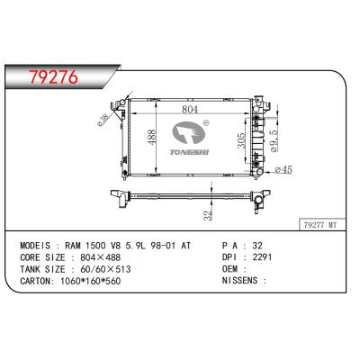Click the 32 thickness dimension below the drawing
(x=207, y=214)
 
